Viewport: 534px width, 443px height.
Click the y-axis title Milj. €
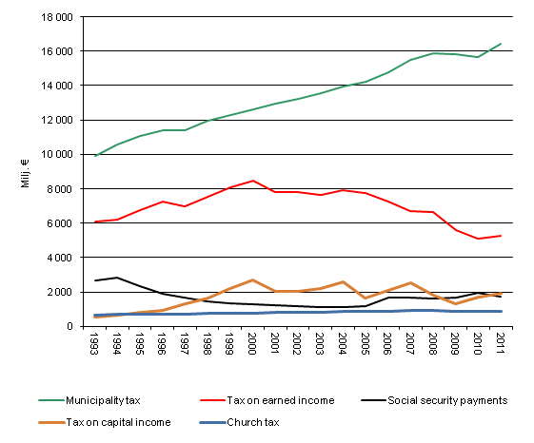26,172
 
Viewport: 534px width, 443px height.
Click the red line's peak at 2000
251,181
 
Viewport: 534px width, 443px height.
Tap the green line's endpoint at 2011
500,44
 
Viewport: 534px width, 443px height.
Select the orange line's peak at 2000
251,280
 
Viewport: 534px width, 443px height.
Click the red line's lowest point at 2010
478,239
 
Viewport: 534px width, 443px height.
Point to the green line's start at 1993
95,156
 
